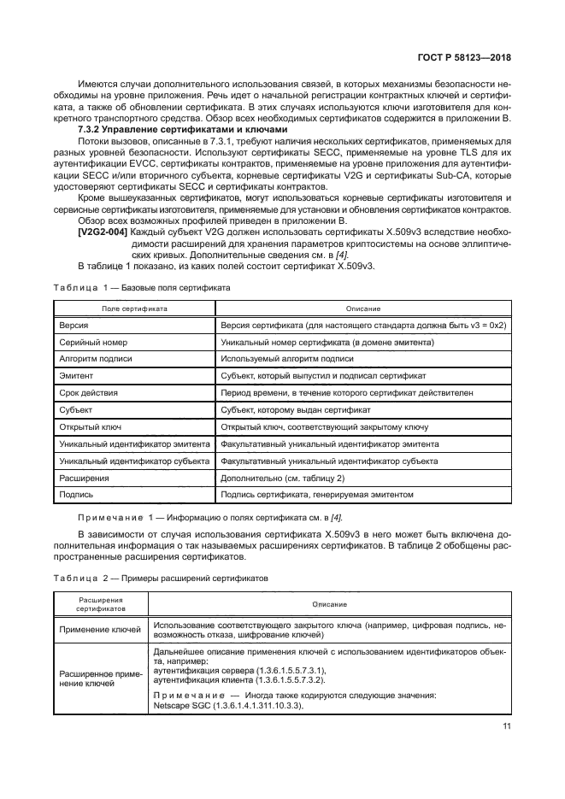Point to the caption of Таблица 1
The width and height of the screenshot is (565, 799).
click(139, 288)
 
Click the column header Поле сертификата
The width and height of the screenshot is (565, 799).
click(134, 308)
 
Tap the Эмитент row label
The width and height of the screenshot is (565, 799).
click(76, 376)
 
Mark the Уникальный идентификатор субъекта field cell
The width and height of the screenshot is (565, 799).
click(134, 461)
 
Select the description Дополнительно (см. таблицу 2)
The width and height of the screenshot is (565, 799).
click(282, 479)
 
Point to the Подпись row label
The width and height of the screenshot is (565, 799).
click(77, 495)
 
